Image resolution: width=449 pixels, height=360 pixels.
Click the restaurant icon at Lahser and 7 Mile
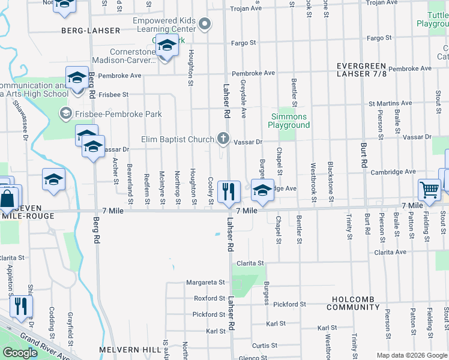228,192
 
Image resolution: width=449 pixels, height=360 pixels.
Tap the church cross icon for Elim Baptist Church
223,139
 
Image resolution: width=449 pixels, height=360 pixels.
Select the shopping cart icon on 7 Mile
430,190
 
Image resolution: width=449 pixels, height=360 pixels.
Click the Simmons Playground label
290,121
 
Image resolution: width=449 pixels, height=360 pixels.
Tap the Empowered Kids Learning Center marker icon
205,24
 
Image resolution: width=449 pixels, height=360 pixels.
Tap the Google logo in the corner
20,353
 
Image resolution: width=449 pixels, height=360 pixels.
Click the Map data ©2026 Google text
412,355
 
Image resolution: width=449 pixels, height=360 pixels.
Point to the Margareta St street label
205,282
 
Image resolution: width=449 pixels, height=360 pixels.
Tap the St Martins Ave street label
390,103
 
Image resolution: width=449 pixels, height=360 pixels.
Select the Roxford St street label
209,298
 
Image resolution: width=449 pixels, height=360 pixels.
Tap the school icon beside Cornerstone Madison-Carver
166,47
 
